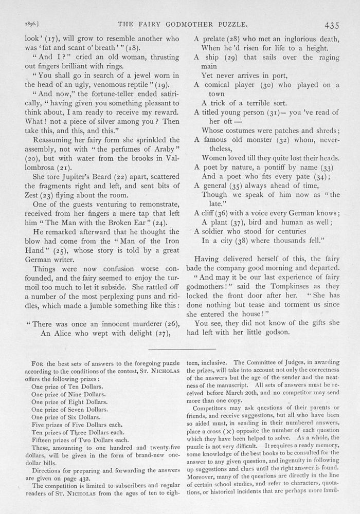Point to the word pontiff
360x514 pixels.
click(286, 167)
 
